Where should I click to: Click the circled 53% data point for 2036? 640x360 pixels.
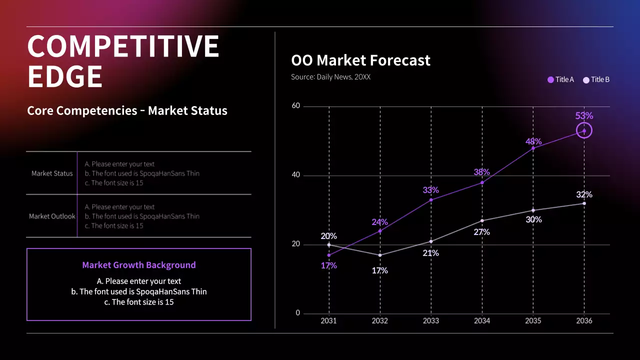pyautogui.click(x=584, y=131)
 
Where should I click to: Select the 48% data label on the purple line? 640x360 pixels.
pyautogui.click(x=533, y=141)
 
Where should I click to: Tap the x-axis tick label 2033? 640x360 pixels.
pyautogui.click(x=430, y=321)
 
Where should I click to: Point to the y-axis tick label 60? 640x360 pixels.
pyautogui.click(x=296, y=106)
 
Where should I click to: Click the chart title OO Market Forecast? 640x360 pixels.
pyautogui.click(x=360, y=60)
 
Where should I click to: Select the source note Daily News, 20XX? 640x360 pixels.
pyautogui.click(x=330, y=77)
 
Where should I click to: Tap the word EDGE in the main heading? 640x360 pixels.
pyautogui.click(x=65, y=76)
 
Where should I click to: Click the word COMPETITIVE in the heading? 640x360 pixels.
pyautogui.click(x=123, y=46)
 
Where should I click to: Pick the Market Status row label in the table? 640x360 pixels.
pyautogui.click(x=52, y=173)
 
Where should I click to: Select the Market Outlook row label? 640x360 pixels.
pyautogui.click(x=52, y=216)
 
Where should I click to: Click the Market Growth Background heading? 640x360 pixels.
pyautogui.click(x=139, y=265)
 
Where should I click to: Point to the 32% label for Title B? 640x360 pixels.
pyautogui.click(x=584, y=194)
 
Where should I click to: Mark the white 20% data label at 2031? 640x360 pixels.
pyautogui.click(x=328, y=236)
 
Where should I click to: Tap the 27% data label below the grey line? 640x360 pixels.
pyautogui.click(x=481, y=232)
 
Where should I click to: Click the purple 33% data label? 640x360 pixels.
pyautogui.click(x=430, y=190)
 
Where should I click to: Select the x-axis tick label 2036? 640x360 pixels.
pyautogui.click(x=584, y=321)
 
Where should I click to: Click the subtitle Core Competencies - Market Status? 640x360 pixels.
pyautogui.click(x=127, y=110)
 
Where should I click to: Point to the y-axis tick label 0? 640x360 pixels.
pyautogui.click(x=298, y=313)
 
